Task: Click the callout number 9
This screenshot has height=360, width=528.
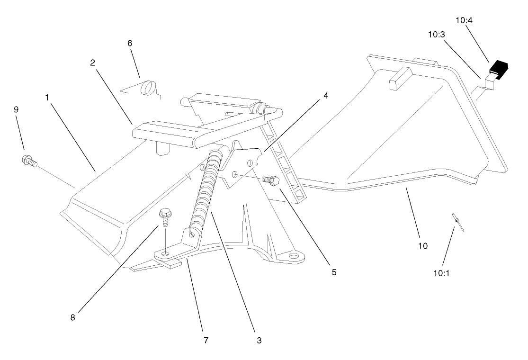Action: [x=16, y=109]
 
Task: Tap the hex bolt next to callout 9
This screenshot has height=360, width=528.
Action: [x=29, y=161]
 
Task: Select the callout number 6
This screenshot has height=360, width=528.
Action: [x=130, y=43]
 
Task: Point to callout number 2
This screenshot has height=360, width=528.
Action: [x=93, y=63]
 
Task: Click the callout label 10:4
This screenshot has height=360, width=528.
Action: [x=464, y=20]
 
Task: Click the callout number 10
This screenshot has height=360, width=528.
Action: [x=423, y=246]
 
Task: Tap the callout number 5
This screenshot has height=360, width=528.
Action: [x=334, y=272]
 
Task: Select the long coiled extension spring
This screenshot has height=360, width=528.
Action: [x=206, y=189]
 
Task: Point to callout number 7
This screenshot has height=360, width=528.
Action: [x=206, y=340]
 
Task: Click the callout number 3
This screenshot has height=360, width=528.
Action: [x=259, y=340]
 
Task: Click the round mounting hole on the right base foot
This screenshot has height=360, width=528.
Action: [x=294, y=256]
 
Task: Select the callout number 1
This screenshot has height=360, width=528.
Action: [x=47, y=97]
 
